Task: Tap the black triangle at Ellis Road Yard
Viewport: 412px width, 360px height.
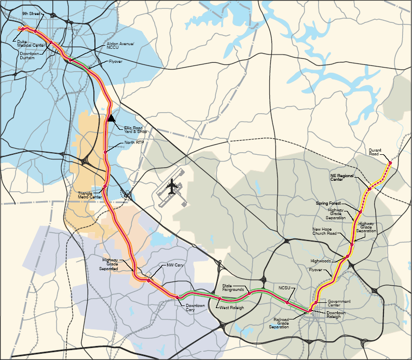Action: pyautogui.click(x=111, y=118)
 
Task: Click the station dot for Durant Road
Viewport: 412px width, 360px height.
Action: pyautogui.click(x=390, y=162)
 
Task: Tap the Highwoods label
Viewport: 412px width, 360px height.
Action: pyautogui.click(x=321, y=261)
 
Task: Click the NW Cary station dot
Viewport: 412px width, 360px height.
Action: pyautogui.click(x=149, y=280)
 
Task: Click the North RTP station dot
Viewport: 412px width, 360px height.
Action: pyautogui.click(x=105, y=152)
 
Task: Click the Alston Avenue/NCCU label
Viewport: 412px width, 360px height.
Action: pyautogui.click(x=120, y=46)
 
